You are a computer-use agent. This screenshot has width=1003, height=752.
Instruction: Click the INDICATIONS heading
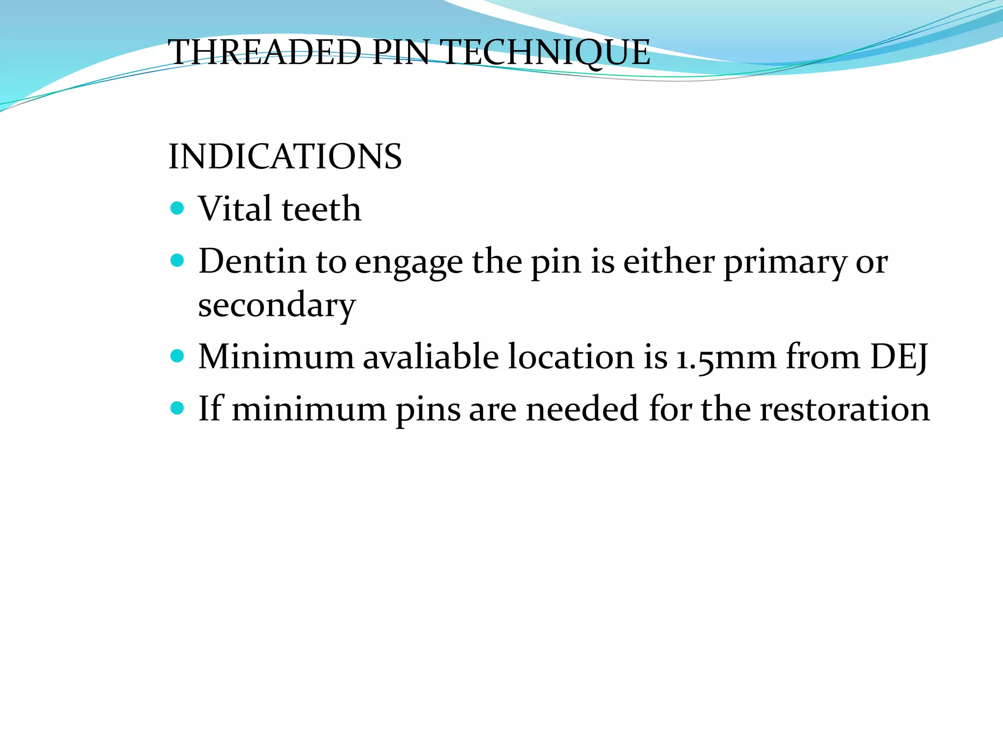(x=285, y=157)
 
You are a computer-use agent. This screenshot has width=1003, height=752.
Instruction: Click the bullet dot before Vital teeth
(x=177, y=209)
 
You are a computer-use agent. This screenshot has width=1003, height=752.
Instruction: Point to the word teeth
(x=321, y=210)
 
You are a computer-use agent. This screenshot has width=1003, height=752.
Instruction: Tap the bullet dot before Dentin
(x=177, y=260)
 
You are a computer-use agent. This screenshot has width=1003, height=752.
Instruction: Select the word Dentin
(x=252, y=261)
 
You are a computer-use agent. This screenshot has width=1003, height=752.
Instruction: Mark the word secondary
(x=277, y=305)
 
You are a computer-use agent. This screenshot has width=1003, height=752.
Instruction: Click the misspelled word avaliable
(x=430, y=356)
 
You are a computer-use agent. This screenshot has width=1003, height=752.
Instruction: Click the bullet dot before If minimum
(x=177, y=408)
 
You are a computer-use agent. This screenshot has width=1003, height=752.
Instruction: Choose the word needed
(x=582, y=409)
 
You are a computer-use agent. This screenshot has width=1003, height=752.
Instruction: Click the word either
(x=669, y=261)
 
